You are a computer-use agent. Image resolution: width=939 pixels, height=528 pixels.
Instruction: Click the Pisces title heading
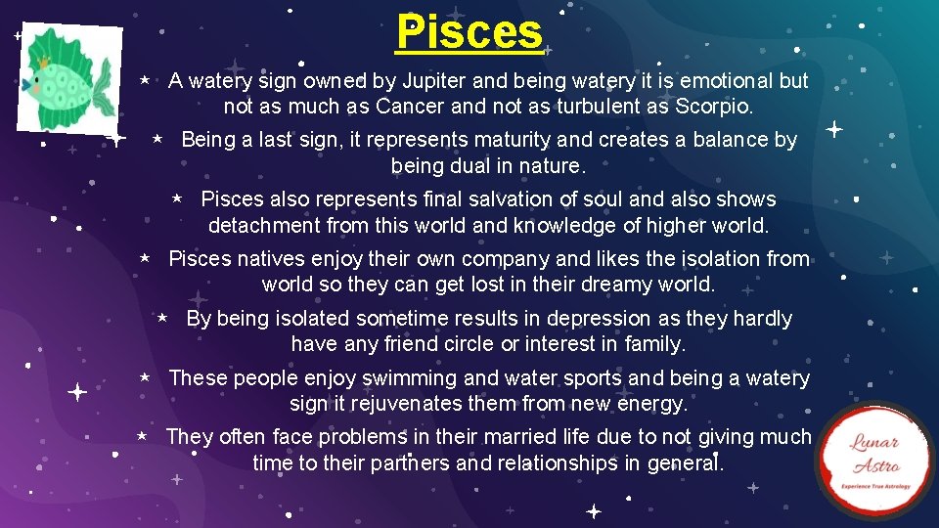click(x=469, y=32)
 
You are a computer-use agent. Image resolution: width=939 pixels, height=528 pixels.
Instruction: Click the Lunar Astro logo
click(x=874, y=460)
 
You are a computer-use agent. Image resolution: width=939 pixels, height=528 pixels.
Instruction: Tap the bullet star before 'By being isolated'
click(x=163, y=318)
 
